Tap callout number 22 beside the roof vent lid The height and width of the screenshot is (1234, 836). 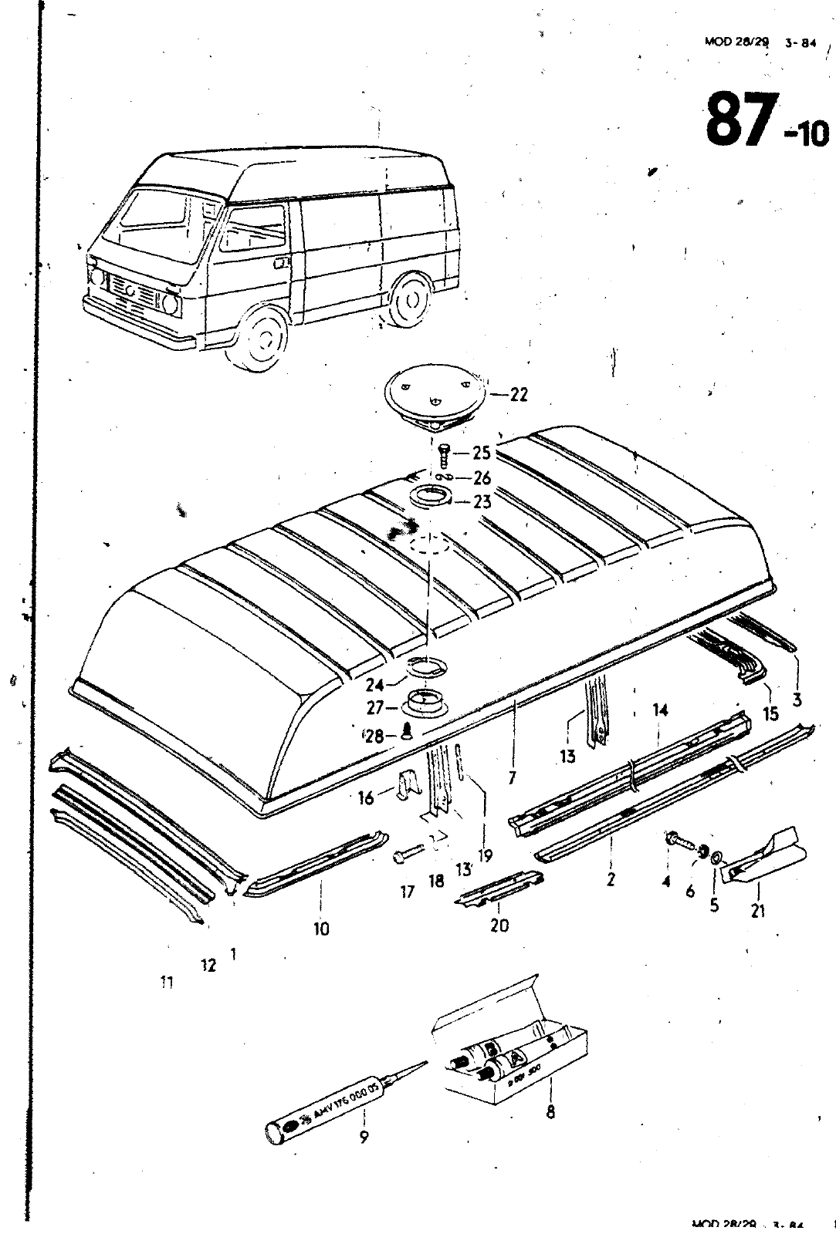(519, 394)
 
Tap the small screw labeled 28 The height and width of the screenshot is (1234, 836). (408, 733)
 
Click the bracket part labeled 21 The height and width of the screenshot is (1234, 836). (764, 857)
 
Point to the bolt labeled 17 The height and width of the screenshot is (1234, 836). (407, 855)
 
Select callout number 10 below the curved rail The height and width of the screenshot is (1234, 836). (321, 929)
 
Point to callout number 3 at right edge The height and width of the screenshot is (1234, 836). (797, 700)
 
